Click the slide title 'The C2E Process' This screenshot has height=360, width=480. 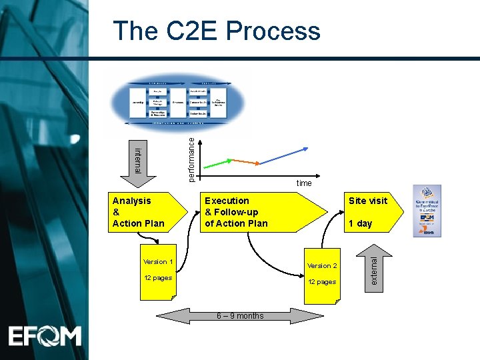click(217, 31)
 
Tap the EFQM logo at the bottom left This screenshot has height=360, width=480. click(45, 335)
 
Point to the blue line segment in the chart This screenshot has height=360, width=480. click(284, 155)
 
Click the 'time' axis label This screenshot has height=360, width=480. click(304, 183)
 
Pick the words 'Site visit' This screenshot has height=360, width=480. click(367, 201)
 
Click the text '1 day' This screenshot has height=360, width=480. click(360, 223)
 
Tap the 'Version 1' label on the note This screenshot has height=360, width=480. click(159, 262)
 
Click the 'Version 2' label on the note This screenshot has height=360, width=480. click(322, 266)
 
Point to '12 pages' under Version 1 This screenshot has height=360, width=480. click(158, 278)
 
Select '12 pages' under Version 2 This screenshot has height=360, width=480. click(322, 282)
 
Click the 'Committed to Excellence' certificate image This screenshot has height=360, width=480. click(427, 211)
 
